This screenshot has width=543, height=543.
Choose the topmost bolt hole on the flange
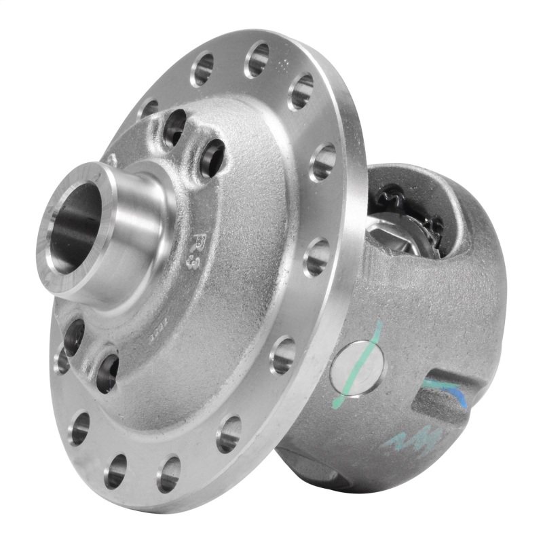point(257,60)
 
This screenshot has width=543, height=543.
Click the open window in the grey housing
point(407,224)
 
